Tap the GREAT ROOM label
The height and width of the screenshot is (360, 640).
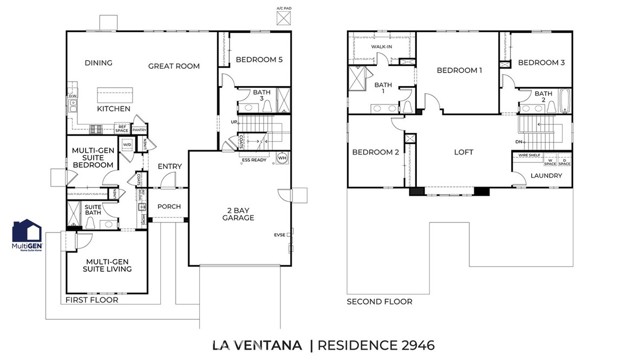(x=175, y=66)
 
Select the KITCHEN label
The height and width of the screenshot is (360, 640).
(x=114, y=108)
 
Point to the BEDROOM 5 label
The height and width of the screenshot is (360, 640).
(x=259, y=60)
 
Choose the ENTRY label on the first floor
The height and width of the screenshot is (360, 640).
(x=170, y=166)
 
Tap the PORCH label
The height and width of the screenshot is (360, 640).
(x=168, y=207)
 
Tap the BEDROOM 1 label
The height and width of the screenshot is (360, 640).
(x=459, y=71)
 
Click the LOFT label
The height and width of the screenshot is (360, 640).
(x=463, y=152)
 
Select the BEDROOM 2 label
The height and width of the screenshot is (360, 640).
(x=376, y=152)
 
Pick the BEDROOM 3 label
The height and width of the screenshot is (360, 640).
(x=542, y=63)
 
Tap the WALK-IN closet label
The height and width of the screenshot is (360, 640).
(x=381, y=46)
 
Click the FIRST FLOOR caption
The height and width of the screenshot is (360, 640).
(x=91, y=299)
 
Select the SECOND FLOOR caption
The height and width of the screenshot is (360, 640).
(x=379, y=300)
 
